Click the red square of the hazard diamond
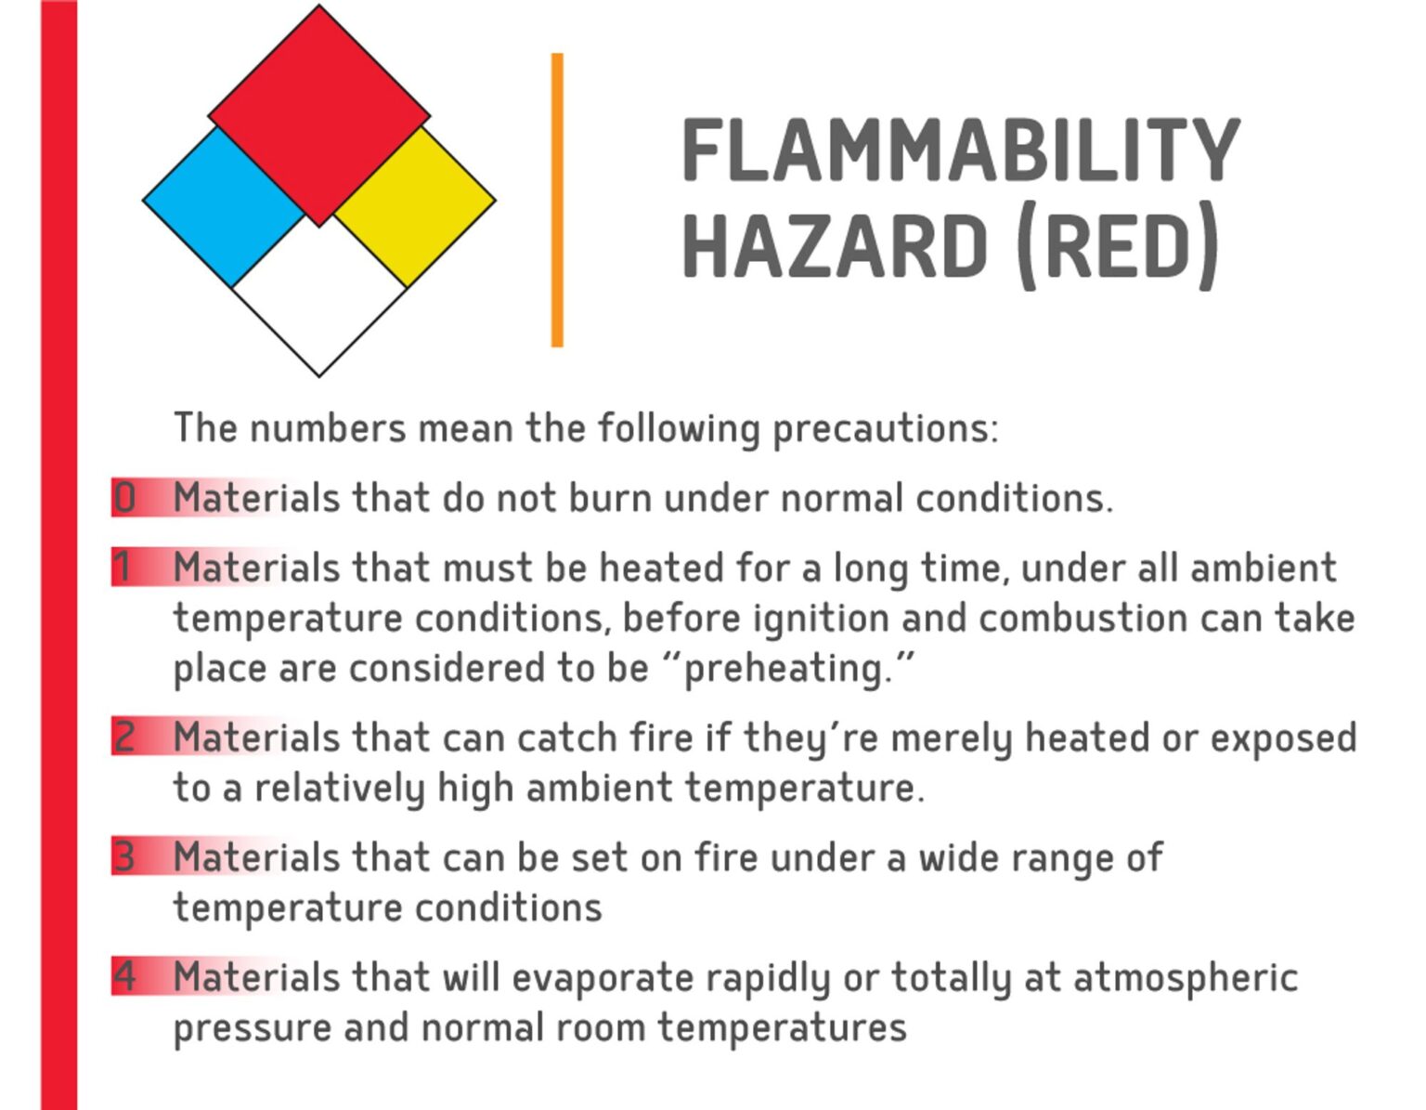click(x=318, y=115)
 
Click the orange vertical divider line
click(x=557, y=200)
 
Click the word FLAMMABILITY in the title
click(x=960, y=150)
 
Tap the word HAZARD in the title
click(x=835, y=246)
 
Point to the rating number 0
click(x=124, y=498)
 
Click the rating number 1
click(x=123, y=567)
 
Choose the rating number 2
click(x=124, y=737)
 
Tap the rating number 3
click(x=124, y=856)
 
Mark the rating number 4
click(x=124, y=976)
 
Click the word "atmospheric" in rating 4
click(x=1186, y=977)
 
